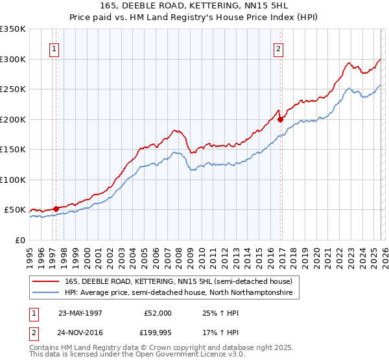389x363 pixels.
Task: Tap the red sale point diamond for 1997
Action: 56,209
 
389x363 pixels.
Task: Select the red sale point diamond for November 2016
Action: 280,119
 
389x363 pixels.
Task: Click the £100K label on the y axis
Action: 13,180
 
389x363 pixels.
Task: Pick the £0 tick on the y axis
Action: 19,240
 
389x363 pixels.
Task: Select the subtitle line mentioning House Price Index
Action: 194,18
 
